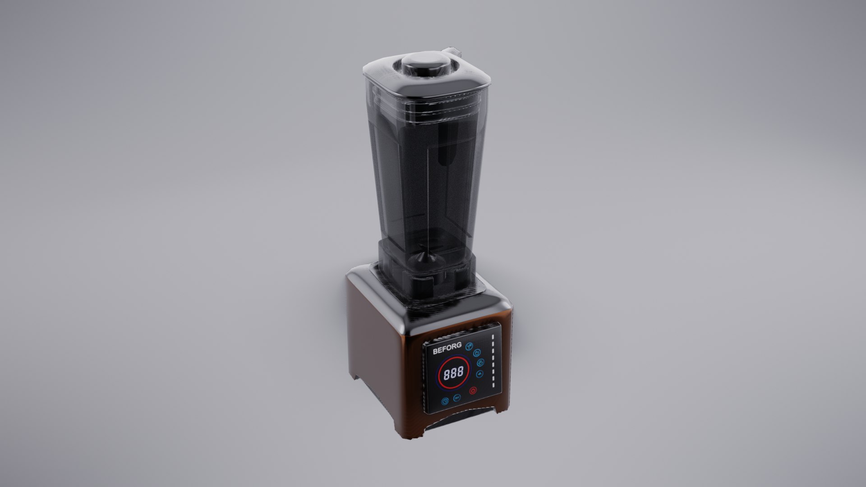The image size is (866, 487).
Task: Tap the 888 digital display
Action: pyautogui.click(x=454, y=373)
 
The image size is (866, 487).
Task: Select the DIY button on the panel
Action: pyautogui.click(x=457, y=398)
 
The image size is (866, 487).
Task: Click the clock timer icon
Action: pyautogui.click(x=445, y=401)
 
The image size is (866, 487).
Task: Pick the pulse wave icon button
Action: pyautogui.click(x=479, y=374)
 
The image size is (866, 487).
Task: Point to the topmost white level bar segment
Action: pyautogui.click(x=493, y=337)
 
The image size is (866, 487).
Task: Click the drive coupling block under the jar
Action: pyautogui.click(x=424, y=284)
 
